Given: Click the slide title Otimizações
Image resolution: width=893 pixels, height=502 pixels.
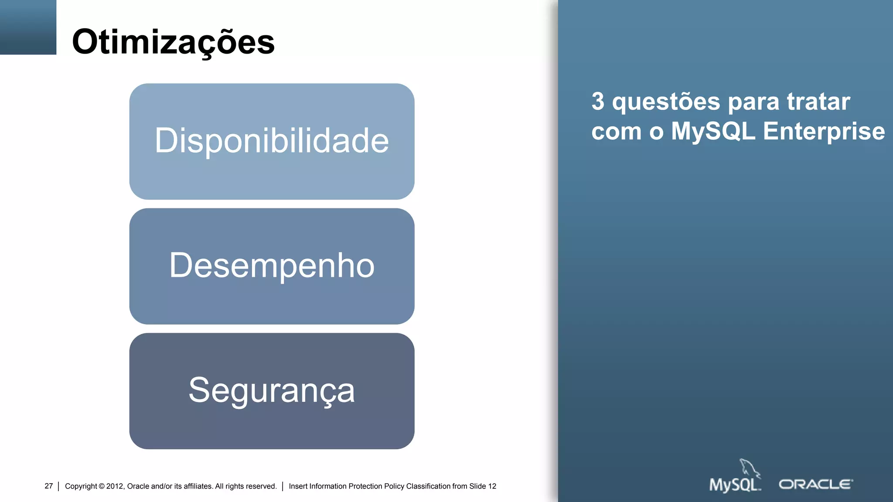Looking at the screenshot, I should pos(173,42).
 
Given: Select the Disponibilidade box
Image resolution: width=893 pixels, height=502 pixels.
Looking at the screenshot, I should pos(272,141).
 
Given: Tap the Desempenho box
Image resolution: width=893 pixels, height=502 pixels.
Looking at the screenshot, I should pos(272,266).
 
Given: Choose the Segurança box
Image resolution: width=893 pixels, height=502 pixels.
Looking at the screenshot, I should pos(272,391).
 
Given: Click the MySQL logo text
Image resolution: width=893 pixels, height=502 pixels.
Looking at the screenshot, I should pos(734,485).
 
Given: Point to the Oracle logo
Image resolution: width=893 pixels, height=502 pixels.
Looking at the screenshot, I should pos(815,484).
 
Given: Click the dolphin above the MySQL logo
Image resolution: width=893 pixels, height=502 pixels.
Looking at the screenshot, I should pos(749,468).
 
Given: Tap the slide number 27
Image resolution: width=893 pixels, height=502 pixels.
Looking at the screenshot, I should pos(48,486).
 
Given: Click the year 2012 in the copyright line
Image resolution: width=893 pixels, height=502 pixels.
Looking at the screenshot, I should pos(115,486).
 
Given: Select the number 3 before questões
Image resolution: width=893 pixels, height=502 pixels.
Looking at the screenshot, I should pos(598,101).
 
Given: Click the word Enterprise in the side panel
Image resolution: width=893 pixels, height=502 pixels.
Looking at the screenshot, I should pos(824,131).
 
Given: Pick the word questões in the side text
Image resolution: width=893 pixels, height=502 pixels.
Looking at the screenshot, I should pos(666,102).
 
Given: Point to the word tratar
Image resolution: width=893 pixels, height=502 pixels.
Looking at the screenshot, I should pos(818,101).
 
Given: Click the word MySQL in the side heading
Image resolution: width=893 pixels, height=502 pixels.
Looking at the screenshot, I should pos(713,131).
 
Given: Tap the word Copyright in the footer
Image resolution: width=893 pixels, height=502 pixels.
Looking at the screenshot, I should pos(81,486).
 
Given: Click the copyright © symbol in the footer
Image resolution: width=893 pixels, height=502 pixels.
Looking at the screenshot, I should pos(102,486).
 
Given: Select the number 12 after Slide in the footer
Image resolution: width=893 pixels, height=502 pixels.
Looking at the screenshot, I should pos(492,486).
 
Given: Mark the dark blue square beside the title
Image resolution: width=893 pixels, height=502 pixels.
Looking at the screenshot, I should pos(28,27).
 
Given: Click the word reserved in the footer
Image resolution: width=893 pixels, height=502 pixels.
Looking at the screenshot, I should pos(260,486).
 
